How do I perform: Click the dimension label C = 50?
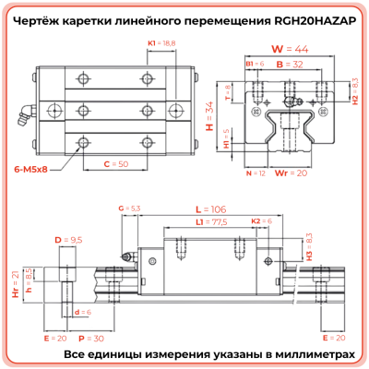click(114, 162)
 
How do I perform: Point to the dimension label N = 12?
click(255, 173)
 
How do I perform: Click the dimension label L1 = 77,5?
click(218, 223)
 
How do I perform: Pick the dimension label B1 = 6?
click(255, 65)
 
